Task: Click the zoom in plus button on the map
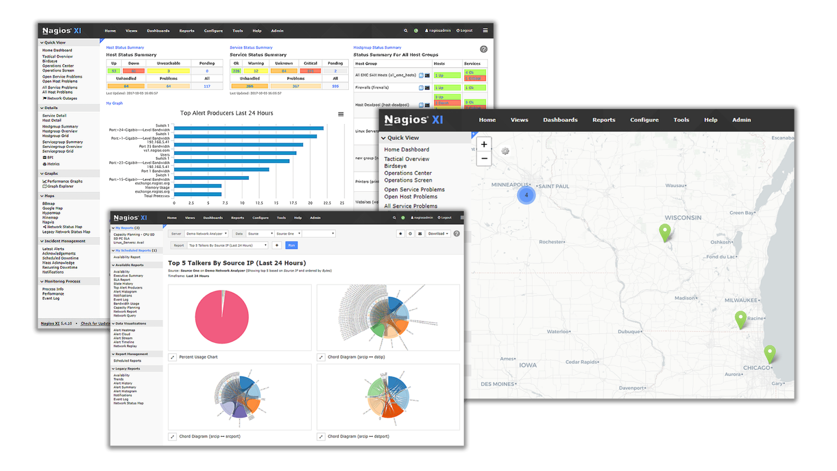point(484,144)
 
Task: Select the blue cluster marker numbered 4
point(526,195)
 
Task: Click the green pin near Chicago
point(769,353)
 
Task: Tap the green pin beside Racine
point(740,318)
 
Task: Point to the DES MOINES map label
point(498,384)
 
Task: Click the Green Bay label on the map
point(742,213)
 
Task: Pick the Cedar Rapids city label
point(582,362)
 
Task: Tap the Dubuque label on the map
point(629,331)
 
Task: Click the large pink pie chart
point(222,317)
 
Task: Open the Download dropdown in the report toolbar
point(438,233)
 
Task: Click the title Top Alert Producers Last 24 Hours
point(227,113)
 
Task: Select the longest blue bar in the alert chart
point(248,128)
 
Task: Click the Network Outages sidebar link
point(62,99)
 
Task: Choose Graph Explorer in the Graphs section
point(60,186)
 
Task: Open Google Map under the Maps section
point(52,208)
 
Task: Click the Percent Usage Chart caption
point(198,357)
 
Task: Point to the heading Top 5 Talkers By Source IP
point(236,263)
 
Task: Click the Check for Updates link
point(95,324)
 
